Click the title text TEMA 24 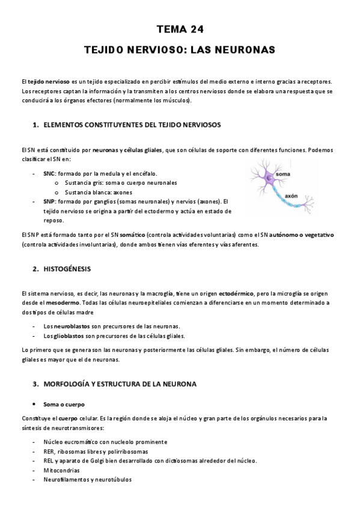(180, 28)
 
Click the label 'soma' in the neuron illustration (282, 174)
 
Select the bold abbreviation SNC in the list (49, 173)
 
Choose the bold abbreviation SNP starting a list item (49, 201)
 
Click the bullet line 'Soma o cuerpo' (64, 404)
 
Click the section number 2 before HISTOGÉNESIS (35, 267)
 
